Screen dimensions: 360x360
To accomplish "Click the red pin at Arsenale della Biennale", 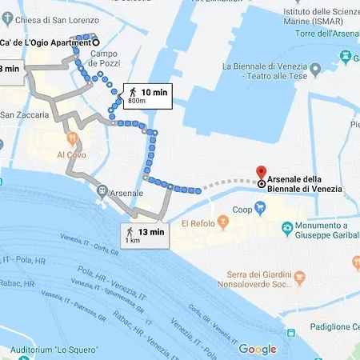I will click(260, 173).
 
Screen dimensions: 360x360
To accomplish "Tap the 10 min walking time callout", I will click(147, 96).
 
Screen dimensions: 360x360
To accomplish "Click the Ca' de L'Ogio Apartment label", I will click(46, 42).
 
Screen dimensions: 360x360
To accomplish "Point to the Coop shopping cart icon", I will click(259, 209).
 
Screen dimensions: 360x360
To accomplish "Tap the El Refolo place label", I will click(200, 223).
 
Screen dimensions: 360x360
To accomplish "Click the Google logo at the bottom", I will click(257, 349).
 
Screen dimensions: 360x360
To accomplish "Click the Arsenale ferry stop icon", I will click(102, 192).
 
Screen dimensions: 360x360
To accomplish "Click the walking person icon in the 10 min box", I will click(132, 93).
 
